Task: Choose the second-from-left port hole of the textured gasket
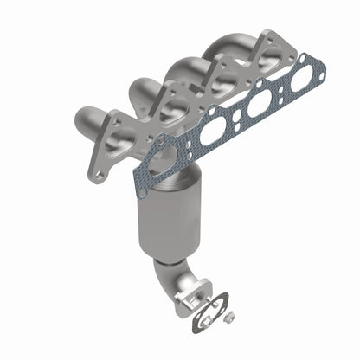[212, 132]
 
